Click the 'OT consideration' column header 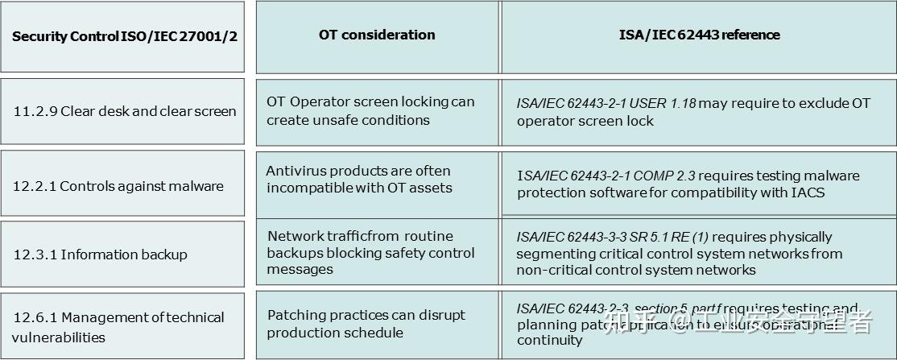tap(377, 35)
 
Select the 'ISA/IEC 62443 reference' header tap(699, 35)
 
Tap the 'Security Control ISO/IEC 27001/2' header tap(125, 37)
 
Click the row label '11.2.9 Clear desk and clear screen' tap(125, 111)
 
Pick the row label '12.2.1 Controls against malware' tap(118, 186)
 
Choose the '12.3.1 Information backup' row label tap(100, 254)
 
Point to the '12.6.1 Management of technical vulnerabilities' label tap(118, 327)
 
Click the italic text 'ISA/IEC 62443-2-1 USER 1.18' tap(606, 104)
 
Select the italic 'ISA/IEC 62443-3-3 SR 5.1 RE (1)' tap(613, 237)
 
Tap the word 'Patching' tap(294, 316)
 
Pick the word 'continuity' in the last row tap(550, 341)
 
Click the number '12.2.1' tap(34, 186)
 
